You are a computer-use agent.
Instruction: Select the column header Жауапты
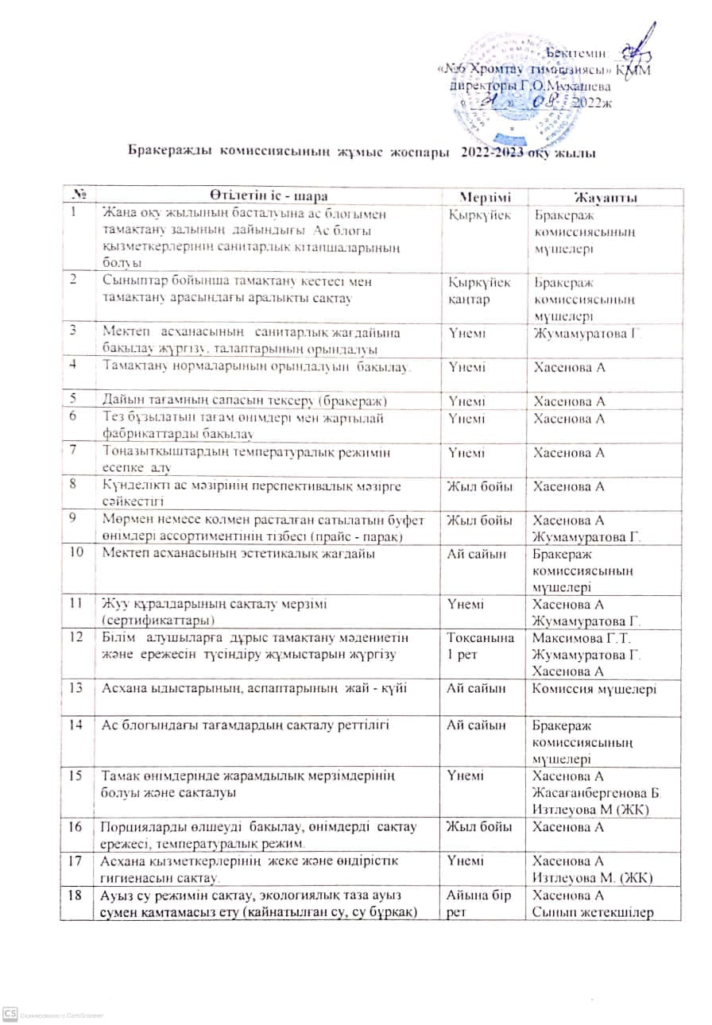[609, 196]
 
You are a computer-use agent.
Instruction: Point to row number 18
[77, 894]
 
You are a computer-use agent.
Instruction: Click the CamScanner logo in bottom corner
[10, 1013]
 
